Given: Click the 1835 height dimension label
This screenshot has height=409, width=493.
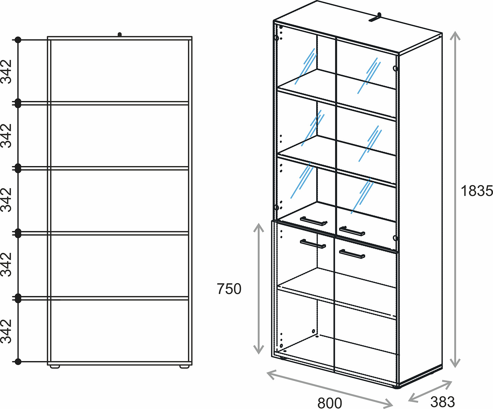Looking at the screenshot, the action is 477,191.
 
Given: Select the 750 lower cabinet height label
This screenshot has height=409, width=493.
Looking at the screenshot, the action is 229,289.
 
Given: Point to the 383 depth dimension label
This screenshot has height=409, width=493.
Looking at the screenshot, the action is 443,401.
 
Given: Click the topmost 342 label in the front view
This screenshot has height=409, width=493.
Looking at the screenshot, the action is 6,72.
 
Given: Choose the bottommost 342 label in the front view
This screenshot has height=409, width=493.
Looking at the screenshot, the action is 6,331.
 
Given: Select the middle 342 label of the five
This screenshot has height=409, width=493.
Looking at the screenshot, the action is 6,200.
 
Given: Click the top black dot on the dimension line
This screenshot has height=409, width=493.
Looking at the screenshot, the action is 18,40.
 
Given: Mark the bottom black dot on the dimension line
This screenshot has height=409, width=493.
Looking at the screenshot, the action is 18,362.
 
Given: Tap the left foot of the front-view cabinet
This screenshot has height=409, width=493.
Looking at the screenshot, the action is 55,367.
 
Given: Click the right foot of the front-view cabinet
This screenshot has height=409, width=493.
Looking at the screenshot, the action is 184,367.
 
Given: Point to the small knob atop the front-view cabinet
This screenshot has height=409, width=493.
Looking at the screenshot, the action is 120,35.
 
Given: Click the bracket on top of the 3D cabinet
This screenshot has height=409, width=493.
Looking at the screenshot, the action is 375,17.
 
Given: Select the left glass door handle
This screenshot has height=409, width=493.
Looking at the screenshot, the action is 314,221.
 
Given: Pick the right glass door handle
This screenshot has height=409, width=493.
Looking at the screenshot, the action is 352,231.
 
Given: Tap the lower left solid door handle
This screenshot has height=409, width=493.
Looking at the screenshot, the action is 313,244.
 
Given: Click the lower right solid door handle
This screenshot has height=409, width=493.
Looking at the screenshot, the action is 352,254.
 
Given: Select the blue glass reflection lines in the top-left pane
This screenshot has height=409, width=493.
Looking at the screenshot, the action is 306,66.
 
